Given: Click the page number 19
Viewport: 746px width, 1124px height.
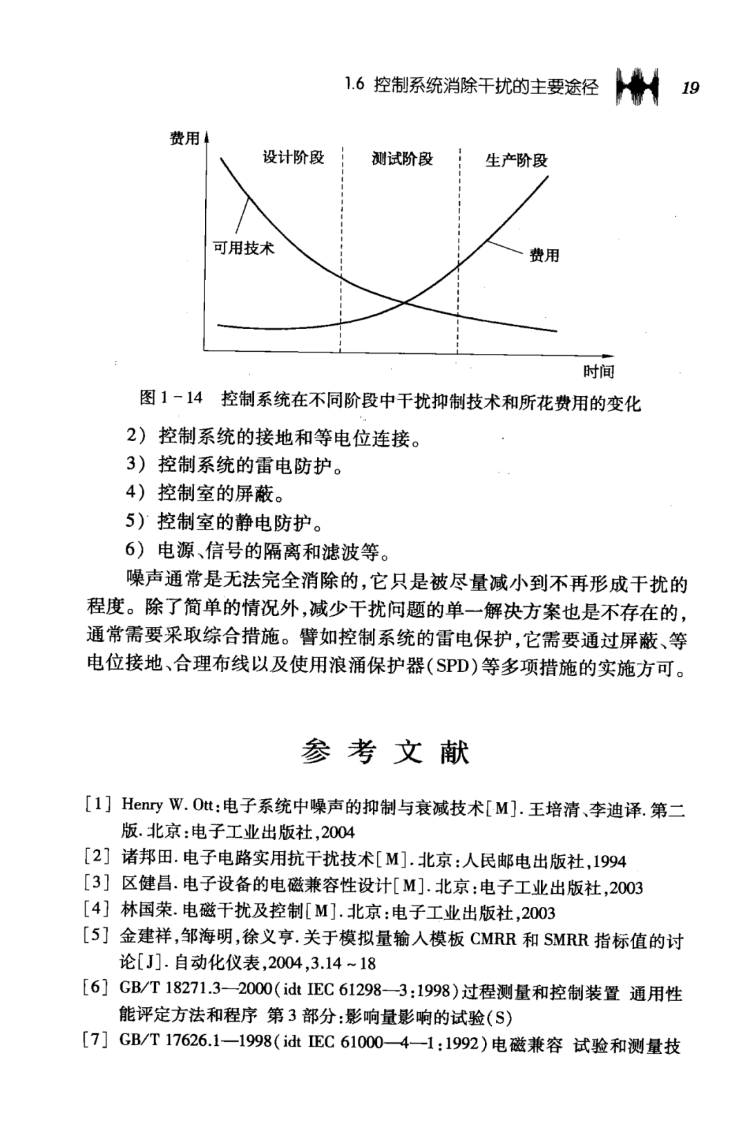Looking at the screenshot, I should coord(689,88).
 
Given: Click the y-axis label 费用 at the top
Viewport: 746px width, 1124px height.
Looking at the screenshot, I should coord(184,139).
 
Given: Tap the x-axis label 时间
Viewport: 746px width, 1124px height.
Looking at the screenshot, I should coord(598,372).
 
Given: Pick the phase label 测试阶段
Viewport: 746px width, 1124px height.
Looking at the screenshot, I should coord(402,159).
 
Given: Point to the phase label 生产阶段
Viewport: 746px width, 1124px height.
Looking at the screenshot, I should coord(517,160).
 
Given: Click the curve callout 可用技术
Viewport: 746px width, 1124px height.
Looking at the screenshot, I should coord(243,248).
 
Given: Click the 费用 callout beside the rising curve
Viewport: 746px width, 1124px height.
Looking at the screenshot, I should coord(544,255).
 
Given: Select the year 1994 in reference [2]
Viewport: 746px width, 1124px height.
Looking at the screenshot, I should coord(609,861).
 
